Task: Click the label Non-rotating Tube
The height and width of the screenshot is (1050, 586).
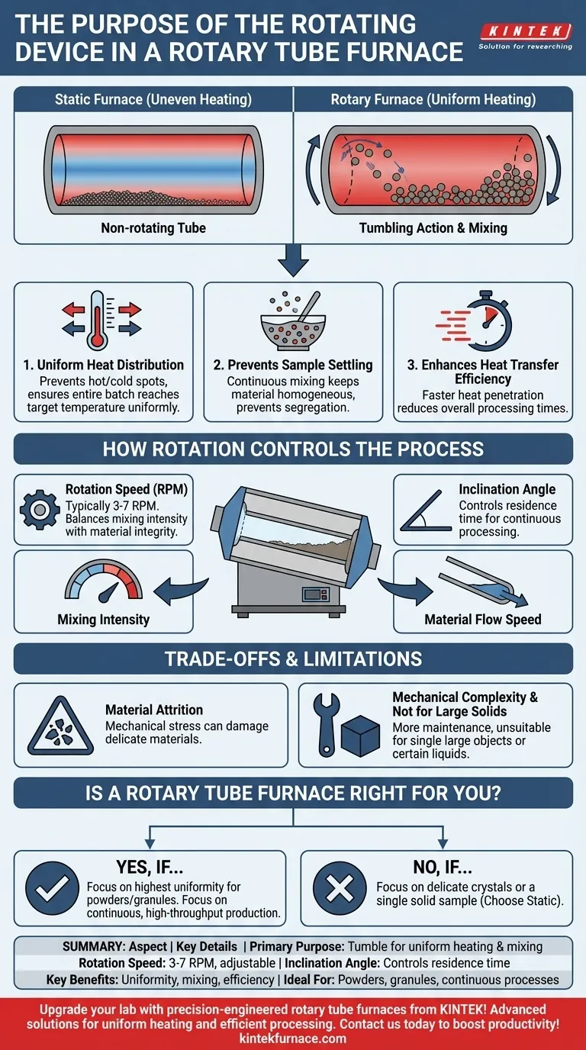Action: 153,228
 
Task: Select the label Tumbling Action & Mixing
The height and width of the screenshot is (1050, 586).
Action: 433,228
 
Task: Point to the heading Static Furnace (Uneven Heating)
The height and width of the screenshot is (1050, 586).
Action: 153,99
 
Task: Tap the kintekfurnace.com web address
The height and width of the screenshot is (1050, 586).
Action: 293,1038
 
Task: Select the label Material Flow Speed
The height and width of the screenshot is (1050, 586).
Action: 483,619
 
